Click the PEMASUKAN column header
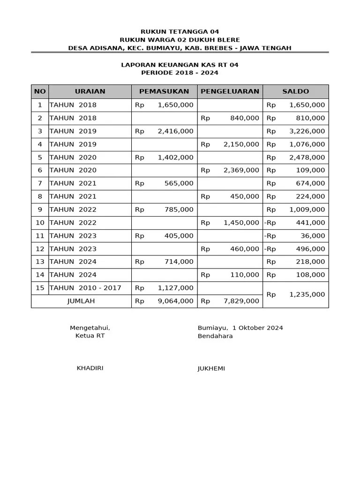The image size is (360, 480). click(x=164, y=91)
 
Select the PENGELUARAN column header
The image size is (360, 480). click(x=230, y=91)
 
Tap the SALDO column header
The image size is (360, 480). click(x=295, y=91)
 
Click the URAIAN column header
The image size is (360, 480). click(x=90, y=91)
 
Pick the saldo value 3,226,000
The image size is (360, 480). click(x=307, y=131)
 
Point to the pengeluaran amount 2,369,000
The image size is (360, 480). click(x=241, y=170)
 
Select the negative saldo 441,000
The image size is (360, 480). click(x=310, y=223)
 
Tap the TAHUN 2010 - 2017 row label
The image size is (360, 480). click(x=85, y=288)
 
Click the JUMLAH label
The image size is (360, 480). click(x=81, y=301)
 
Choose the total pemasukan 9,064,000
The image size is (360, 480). click(x=175, y=301)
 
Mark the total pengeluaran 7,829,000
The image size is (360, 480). click(x=241, y=301)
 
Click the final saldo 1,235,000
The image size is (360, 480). click(x=307, y=294)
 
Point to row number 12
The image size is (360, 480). click(x=40, y=249)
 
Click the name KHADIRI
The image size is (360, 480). click(x=90, y=368)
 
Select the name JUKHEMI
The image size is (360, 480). click(x=211, y=368)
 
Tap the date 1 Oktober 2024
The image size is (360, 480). click(x=257, y=328)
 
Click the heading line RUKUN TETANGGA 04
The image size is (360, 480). click(x=180, y=32)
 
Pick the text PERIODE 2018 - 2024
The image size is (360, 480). click(x=180, y=73)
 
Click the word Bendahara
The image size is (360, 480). click(x=215, y=336)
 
